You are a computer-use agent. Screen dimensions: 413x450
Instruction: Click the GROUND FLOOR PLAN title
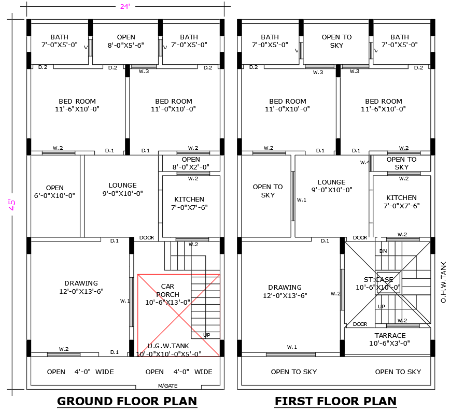click(x=126, y=401)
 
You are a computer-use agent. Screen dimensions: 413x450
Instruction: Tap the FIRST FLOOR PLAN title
click(x=335, y=401)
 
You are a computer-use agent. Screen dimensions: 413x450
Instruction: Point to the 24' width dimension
click(x=125, y=7)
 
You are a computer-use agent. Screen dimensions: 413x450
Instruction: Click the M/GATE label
click(x=167, y=386)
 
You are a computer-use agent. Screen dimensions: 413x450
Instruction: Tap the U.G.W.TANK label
click(x=168, y=346)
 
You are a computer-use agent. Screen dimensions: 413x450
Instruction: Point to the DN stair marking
click(x=383, y=251)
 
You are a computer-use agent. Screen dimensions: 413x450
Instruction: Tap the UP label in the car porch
click(x=207, y=335)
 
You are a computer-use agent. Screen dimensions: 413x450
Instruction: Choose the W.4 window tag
click(x=364, y=163)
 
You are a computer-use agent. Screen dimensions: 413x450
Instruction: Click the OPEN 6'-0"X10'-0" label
click(x=54, y=192)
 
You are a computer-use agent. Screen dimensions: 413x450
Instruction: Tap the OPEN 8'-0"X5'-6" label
click(x=126, y=41)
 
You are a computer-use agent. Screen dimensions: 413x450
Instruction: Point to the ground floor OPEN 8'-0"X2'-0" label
click(x=191, y=163)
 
